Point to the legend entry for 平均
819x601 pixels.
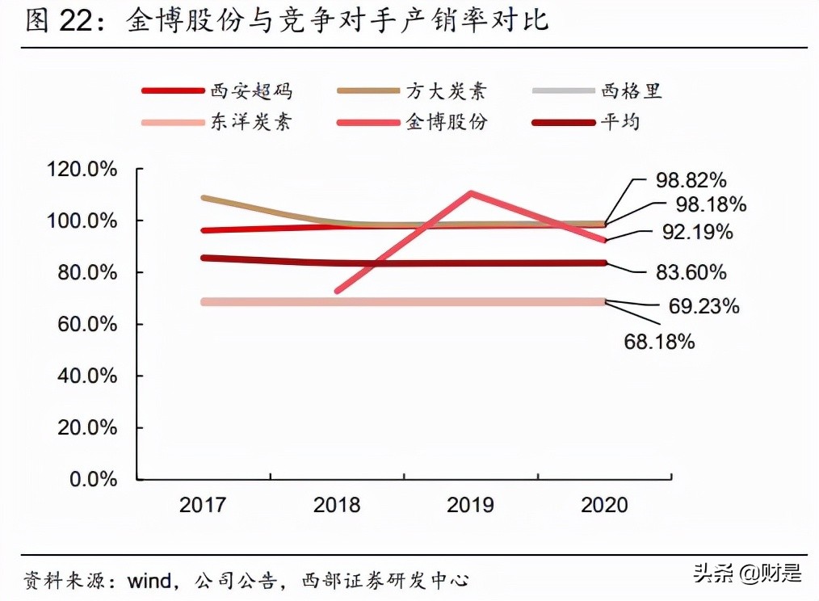[598, 123]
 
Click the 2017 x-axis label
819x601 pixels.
[203, 506]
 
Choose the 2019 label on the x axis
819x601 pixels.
[471, 506]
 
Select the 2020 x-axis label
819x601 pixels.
[604, 506]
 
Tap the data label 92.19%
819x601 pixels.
[697, 233]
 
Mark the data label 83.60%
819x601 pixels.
[691, 273]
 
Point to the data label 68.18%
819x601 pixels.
[659, 342]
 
